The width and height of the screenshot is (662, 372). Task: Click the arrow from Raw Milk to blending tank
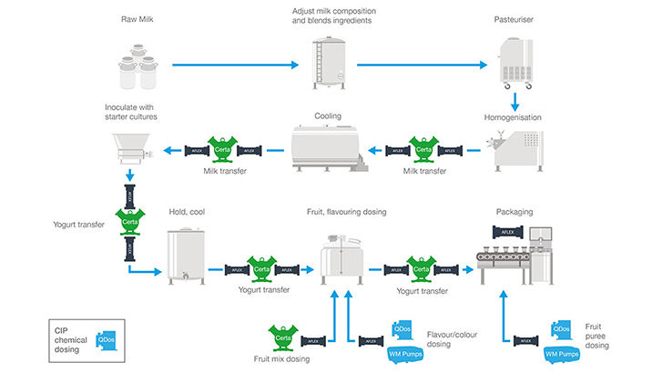tap(235, 65)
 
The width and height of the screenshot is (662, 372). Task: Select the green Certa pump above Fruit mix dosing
tap(282, 339)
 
